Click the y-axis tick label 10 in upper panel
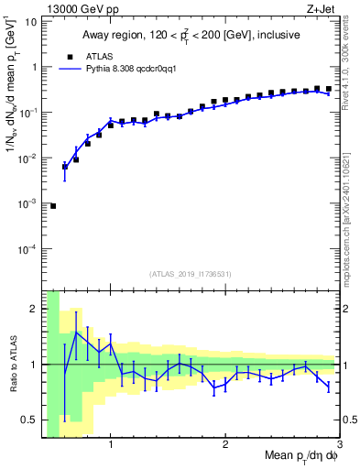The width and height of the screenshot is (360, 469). pyautogui.click(x=29, y=21)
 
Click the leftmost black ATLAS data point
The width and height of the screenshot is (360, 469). pyautogui.click(x=53, y=206)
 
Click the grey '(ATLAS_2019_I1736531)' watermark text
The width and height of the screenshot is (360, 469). pyautogui.click(x=191, y=273)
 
